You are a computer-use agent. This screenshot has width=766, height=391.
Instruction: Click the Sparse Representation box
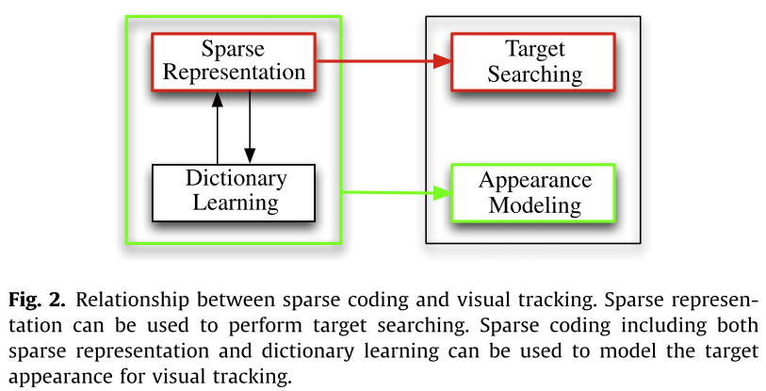(x=232, y=61)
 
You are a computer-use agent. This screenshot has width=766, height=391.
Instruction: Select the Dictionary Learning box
(x=232, y=192)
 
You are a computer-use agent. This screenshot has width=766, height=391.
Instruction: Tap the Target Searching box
(x=533, y=62)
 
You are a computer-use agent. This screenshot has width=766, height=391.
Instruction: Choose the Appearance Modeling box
(x=533, y=193)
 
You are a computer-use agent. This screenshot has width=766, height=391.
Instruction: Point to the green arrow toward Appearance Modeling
(x=392, y=194)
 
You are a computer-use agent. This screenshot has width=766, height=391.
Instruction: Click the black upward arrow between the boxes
(x=218, y=127)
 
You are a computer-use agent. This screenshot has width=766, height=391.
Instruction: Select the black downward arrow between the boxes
(x=250, y=127)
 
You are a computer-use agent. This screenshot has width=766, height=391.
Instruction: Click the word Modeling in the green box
(x=534, y=204)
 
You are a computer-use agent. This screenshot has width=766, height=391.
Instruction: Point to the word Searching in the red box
(x=534, y=74)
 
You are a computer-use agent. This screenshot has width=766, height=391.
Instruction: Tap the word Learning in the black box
(x=232, y=204)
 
